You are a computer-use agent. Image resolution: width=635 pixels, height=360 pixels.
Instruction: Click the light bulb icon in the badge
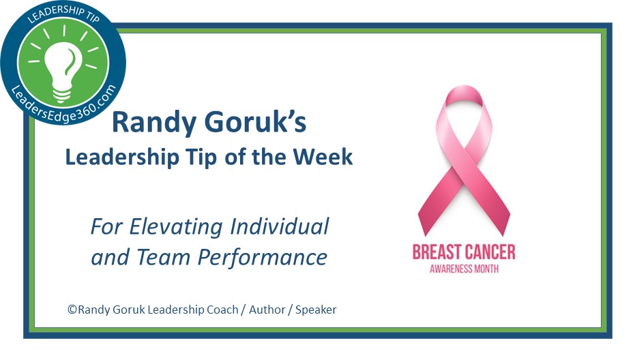coord(63,70)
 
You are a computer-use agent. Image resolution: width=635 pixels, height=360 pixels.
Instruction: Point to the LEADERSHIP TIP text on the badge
coord(63,16)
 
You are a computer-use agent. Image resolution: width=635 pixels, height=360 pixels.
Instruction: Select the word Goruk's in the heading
coord(256,122)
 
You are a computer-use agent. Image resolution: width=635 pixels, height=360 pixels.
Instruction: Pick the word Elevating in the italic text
coord(176,226)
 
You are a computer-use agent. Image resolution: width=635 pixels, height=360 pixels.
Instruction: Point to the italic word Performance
coord(263,258)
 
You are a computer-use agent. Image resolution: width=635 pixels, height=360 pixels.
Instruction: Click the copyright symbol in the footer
coord(72,310)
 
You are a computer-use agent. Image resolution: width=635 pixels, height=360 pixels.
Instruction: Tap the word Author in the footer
coord(267,310)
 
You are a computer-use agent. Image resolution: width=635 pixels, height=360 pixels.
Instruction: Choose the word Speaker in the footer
coord(316,310)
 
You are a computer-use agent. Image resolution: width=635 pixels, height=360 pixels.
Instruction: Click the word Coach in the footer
coord(223,310)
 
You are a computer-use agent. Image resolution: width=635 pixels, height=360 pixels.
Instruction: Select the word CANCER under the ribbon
coord(490,252)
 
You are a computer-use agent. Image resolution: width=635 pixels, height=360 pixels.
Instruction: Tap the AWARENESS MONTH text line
coord(464,269)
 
